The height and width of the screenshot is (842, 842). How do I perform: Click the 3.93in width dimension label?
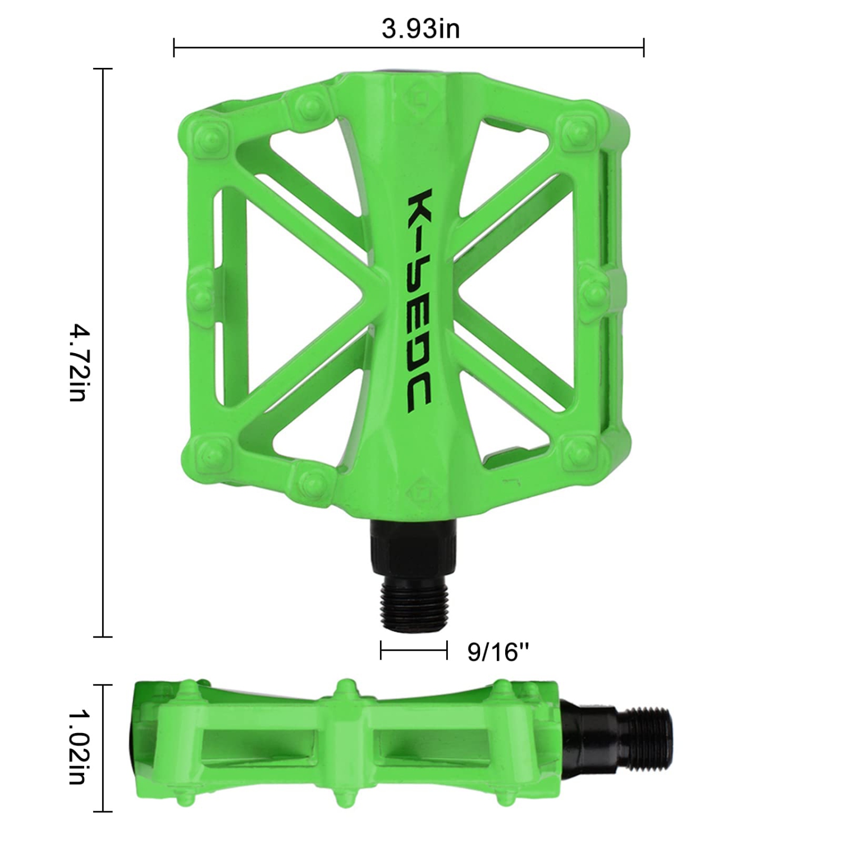(420, 29)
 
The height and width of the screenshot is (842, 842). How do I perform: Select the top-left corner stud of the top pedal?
(209, 136)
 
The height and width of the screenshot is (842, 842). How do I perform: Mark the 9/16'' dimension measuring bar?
(414, 651)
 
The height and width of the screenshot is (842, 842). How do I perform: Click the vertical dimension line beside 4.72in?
(103, 353)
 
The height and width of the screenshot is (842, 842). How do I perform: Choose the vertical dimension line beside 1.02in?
(103, 748)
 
